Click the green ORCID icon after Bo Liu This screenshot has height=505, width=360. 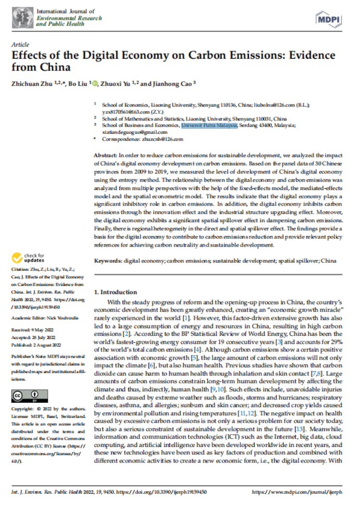pyautogui.click(x=95, y=83)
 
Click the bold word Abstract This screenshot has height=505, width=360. pyautogui.click(x=105, y=156)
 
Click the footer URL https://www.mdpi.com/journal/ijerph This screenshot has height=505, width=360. pyautogui.click(x=297, y=491)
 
